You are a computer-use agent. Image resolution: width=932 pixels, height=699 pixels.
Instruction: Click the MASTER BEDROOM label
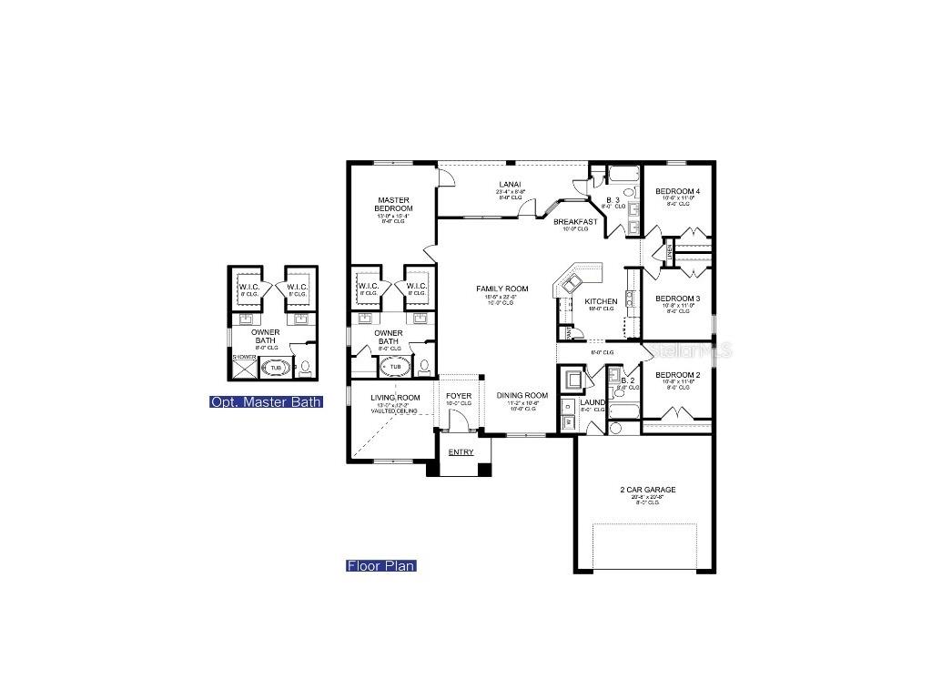pyautogui.click(x=393, y=204)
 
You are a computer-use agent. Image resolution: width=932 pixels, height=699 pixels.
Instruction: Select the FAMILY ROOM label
pyautogui.click(x=501, y=289)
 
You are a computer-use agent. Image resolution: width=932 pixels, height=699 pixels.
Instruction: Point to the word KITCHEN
pyautogui.click(x=601, y=301)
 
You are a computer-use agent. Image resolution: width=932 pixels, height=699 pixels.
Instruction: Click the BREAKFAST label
pyautogui.click(x=575, y=221)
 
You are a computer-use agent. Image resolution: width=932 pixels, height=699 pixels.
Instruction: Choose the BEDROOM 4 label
pyautogui.click(x=677, y=191)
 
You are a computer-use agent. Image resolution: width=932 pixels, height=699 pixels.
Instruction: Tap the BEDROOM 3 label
pyautogui.click(x=677, y=299)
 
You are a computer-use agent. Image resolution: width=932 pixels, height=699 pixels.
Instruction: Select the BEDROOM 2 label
pyautogui.click(x=677, y=375)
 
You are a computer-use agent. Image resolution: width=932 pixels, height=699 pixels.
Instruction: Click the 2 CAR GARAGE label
pyautogui.click(x=647, y=490)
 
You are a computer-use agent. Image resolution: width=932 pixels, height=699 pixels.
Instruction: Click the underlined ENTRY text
pyautogui.click(x=461, y=451)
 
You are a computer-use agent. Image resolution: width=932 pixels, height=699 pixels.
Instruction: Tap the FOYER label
pyautogui.click(x=459, y=396)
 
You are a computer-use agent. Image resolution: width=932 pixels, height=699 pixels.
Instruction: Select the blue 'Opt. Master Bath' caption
pyautogui.click(x=266, y=401)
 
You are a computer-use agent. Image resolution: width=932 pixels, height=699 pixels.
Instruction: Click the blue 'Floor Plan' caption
pyautogui.click(x=380, y=565)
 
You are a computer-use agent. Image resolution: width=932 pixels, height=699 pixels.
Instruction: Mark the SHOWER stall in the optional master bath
pyautogui.click(x=244, y=367)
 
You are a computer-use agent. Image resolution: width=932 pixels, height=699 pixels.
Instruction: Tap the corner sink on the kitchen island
pyautogui.click(x=571, y=283)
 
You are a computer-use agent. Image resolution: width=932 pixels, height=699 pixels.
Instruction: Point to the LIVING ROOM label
pyautogui.click(x=395, y=397)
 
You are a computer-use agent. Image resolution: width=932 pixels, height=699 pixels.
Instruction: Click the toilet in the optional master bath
pyautogui.click(x=306, y=369)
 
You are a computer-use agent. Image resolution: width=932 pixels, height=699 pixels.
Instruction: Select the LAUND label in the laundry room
pyautogui.click(x=593, y=402)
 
